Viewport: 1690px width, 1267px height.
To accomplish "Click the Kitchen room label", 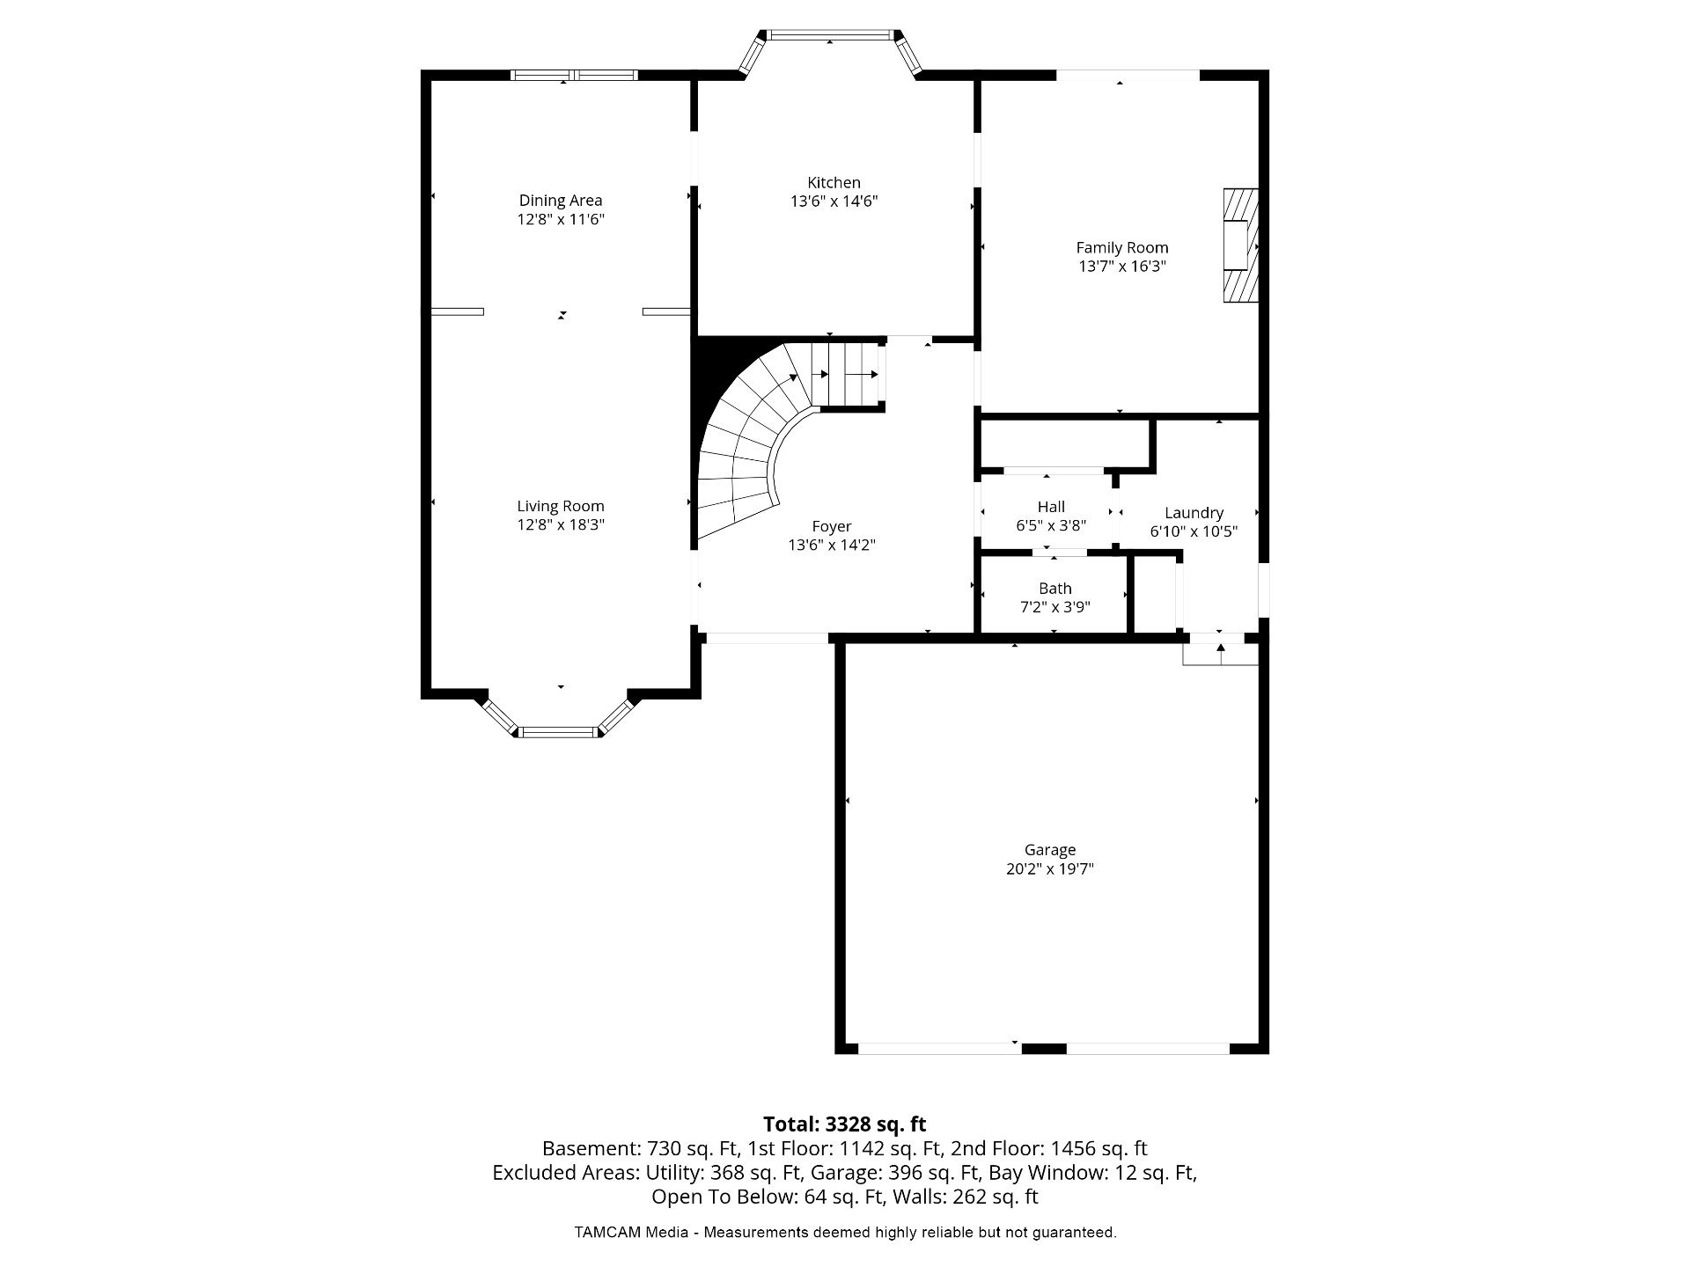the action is coord(834,183).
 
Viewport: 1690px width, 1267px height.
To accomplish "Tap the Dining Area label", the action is coord(561,201).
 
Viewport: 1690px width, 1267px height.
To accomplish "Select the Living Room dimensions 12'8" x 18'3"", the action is coord(561,525).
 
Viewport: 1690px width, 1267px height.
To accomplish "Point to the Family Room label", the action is coord(1122,248).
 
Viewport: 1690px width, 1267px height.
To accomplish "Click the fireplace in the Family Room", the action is coord(1240,246).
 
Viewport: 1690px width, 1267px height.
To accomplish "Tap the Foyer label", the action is coord(832,526).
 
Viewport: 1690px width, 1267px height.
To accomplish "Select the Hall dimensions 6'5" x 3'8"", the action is coord(1051,526).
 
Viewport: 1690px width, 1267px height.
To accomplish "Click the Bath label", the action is coord(1055,589).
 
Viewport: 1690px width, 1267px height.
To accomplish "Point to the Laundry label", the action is coord(1194,513).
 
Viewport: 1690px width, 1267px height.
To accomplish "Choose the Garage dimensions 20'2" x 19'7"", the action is coord(1050,869).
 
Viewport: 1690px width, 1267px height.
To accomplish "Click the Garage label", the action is coord(1050,850).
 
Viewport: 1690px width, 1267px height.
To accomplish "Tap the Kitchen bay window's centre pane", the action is coord(829,35).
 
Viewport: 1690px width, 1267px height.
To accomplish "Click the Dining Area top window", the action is coord(574,75).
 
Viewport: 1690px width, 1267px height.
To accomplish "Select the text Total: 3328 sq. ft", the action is coord(845,1124).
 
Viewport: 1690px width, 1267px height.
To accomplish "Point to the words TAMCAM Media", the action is coord(631,1233).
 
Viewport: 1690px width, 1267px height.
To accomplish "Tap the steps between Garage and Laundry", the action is coord(1221,654).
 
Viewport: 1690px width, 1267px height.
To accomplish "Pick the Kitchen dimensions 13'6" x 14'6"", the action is coord(834,201).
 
